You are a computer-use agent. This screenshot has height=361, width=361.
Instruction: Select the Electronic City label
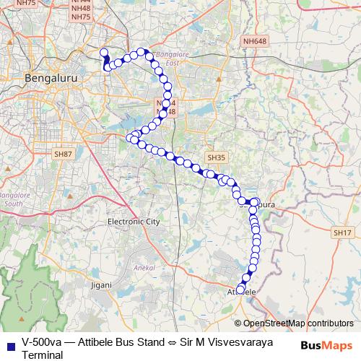[133, 222]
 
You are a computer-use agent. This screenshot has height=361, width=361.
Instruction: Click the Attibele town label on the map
[243, 291]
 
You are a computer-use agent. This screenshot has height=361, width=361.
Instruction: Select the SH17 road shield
[342, 232]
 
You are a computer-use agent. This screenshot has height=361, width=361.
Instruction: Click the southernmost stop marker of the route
[240, 290]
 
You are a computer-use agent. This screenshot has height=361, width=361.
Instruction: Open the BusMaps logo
[326, 346]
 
